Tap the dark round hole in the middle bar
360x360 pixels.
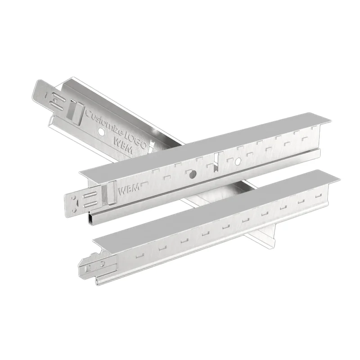tap(192, 174)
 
